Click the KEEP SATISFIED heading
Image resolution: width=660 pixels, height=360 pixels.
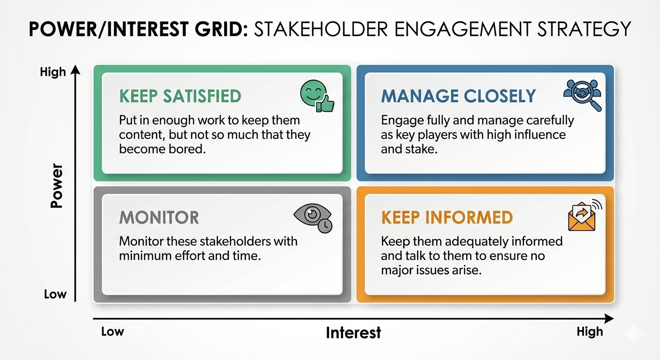[x=180, y=96]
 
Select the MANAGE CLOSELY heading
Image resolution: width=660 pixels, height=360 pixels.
[x=458, y=96]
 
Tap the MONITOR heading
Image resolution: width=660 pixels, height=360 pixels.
[x=159, y=217]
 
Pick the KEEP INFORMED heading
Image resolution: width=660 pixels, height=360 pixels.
[x=447, y=217]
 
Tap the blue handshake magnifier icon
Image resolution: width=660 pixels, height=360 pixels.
[x=583, y=95]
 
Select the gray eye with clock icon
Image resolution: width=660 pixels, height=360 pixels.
[x=313, y=217]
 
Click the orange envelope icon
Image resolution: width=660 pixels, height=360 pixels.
[x=584, y=216]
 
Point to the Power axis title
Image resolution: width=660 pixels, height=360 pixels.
[x=57, y=186]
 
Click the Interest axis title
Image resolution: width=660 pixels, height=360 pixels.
[x=353, y=333]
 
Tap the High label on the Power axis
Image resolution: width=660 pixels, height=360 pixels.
[x=52, y=73]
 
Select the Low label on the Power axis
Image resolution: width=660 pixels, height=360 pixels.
[x=55, y=294]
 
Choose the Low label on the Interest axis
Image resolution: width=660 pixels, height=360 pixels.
[x=112, y=332]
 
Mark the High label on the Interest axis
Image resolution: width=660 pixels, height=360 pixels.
[x=589, y=332]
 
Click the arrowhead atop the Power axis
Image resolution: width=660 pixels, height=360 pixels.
[x=75, y=71]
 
